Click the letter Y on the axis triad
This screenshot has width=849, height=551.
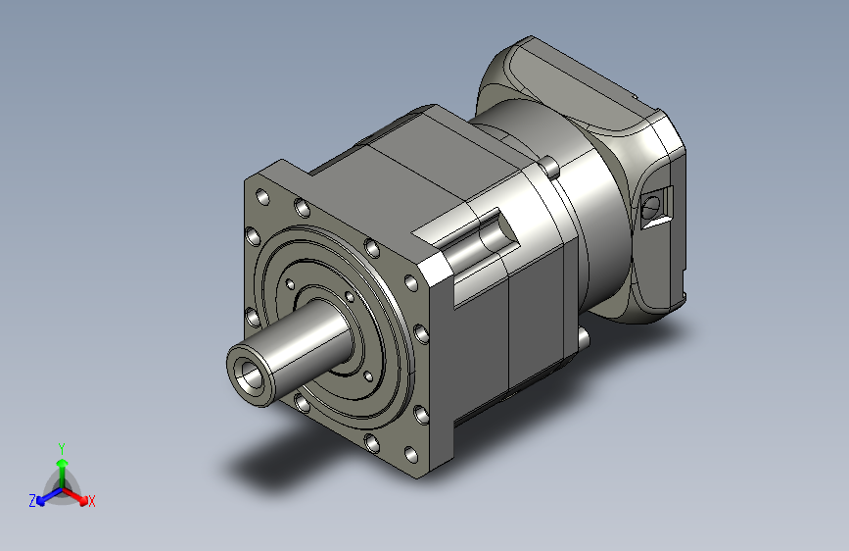(62, 448)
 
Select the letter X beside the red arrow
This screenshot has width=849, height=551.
(91, 501)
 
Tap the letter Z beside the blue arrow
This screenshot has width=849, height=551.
(32, 501)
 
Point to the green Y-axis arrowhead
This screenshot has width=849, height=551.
(63, 463)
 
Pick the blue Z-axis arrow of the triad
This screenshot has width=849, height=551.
(50, 496)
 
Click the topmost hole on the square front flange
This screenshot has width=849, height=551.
(262, 197)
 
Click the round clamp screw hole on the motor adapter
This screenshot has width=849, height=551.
(651, 206)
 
